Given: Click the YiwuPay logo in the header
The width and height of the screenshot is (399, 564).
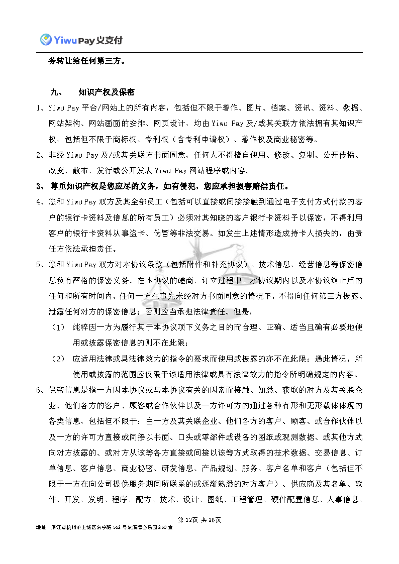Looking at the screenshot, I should (x=81, y=39).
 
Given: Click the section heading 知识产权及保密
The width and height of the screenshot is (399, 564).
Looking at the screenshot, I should (x=107, y=92).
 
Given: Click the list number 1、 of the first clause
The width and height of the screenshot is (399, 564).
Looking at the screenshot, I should (x=40, y=108).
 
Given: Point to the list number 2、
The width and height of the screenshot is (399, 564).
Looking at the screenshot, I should (x=40, y=155).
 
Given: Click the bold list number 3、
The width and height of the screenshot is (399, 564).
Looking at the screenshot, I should (x=41, y=186).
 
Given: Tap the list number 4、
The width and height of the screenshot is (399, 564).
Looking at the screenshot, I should (x=40, y=202).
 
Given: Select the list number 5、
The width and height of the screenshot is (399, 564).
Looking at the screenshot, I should (x=40, y=264).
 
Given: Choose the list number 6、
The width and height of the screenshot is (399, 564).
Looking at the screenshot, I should (x=40, y=390).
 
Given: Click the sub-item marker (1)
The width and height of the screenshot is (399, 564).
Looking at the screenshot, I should (x=59, y=327).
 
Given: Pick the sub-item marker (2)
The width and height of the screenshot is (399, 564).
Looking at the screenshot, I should (x=59, y=359).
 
